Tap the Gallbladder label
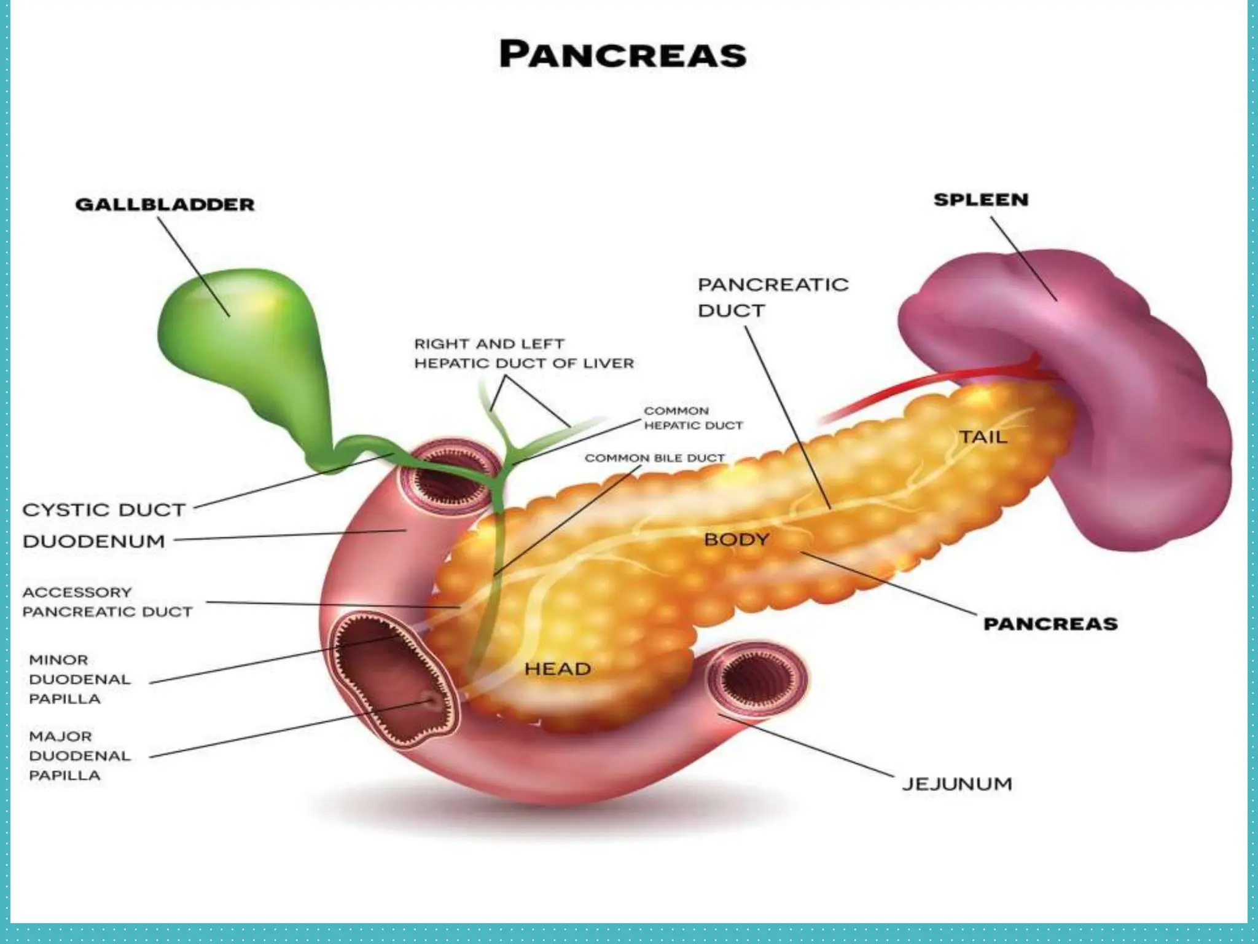pyautogui.click(x=165, y=205)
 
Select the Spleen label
pyautogui.click(x=980, y=200)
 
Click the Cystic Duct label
pyautogui.click(x=104, y=510)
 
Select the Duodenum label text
pyautogui.click(x=94, y=541)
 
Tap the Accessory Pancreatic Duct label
pyautogui.click(x=107, y=602)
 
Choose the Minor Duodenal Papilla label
pyautogui.click(x=79, y=679)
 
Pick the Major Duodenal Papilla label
pyautogui.click(x=79, y=756)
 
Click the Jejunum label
pyautogui.click(x=956, y=784)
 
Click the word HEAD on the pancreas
pyautogui.click(x=558, y=669)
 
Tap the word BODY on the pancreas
pyautogui.click(x=736, y=540)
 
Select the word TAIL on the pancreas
pyautogui.click(x=983, y=437)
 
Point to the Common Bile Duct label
pyautogui.click(x=655, y=458)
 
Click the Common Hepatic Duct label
pyautogui.click(x=693, y=418)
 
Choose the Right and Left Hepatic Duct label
pyautogui.click(x=523, y=353)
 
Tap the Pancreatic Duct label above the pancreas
pyautogui.click(x=773, y=297)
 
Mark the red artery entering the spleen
pyautogui.click(x=921, y=385)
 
